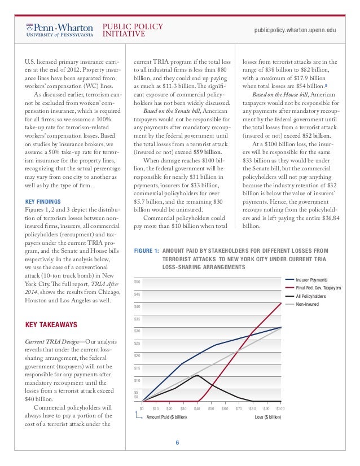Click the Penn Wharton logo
pyautogui.click(x=59, y=29)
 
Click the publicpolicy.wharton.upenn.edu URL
pyautogui.click(x=296, y=29)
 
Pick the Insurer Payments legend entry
pyautogui.click(x=311, y=279)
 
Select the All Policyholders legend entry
pyautogui.click(x=311, y=296)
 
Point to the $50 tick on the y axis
pyautogui.click(x=137, y=282)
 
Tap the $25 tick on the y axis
pyautogui.click(x=137, y=343)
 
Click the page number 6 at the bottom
pyautogui.click(x=177, y=442)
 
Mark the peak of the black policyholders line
pyautogui.click(x=196, y=375)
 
